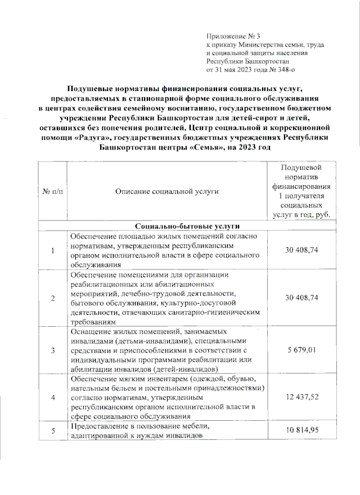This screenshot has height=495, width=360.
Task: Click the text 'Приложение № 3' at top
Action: (x=230, y=35)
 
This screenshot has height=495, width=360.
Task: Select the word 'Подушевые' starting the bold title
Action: (x=91, y=89)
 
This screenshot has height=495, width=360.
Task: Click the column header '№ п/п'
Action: (x=52, y=192)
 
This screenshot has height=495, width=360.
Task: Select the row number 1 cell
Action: (x=52, y=250)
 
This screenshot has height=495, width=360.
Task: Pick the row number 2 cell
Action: (x=52, y=298)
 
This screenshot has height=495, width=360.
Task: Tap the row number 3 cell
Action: (x=52, y=350)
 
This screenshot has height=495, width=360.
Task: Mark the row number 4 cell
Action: (x=52, y=398)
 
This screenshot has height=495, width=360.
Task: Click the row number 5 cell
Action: (x=52, y=431)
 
